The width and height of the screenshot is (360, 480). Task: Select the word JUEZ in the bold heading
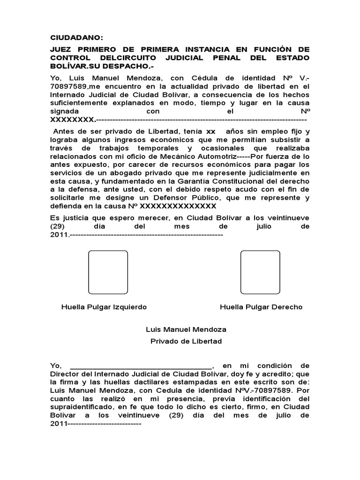[x=63, y=49]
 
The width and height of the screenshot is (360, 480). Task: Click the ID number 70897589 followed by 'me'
[x=66, y=86]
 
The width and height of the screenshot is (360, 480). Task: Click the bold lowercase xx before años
[x=211, y=132]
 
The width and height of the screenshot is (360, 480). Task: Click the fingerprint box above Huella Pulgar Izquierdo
[x=108, y=272]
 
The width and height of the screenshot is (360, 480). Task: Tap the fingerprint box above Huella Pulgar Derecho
[x=260, y=272]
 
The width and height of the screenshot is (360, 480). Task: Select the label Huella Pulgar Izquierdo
[x=104, y=307]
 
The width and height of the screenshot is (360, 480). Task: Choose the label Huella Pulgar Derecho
[x=261, y=307]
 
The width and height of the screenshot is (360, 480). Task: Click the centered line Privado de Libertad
[x=186, y=341]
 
